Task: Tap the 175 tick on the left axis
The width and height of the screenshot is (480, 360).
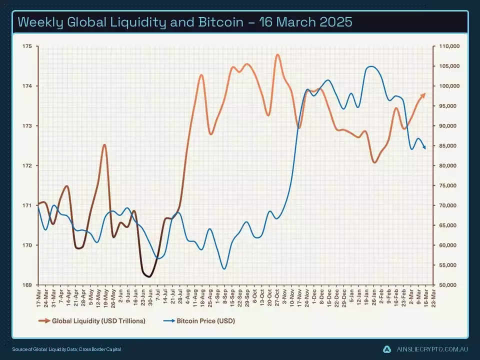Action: pos(26,46)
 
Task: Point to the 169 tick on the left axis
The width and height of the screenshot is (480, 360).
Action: pos(26,285)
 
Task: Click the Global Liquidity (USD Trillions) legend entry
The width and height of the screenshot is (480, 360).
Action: pos(98,321)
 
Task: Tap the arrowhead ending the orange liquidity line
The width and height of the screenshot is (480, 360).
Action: pos(423,94)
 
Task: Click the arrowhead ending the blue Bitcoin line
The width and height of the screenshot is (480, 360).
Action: pos(424,147)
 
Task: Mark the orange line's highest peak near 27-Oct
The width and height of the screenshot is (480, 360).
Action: pos(277,55)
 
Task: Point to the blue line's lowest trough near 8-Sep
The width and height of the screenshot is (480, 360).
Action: pos(224,268)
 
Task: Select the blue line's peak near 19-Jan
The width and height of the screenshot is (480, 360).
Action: pos(370,66)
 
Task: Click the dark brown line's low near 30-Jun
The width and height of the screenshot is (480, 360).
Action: pos(148,276)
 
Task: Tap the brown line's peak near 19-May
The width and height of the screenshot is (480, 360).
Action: pos(104,145)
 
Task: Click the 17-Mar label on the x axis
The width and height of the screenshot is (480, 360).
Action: pos(38,294)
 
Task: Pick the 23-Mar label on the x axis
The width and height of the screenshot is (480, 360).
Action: pos(432,294)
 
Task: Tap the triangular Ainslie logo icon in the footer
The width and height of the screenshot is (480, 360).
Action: pos(387,349)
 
